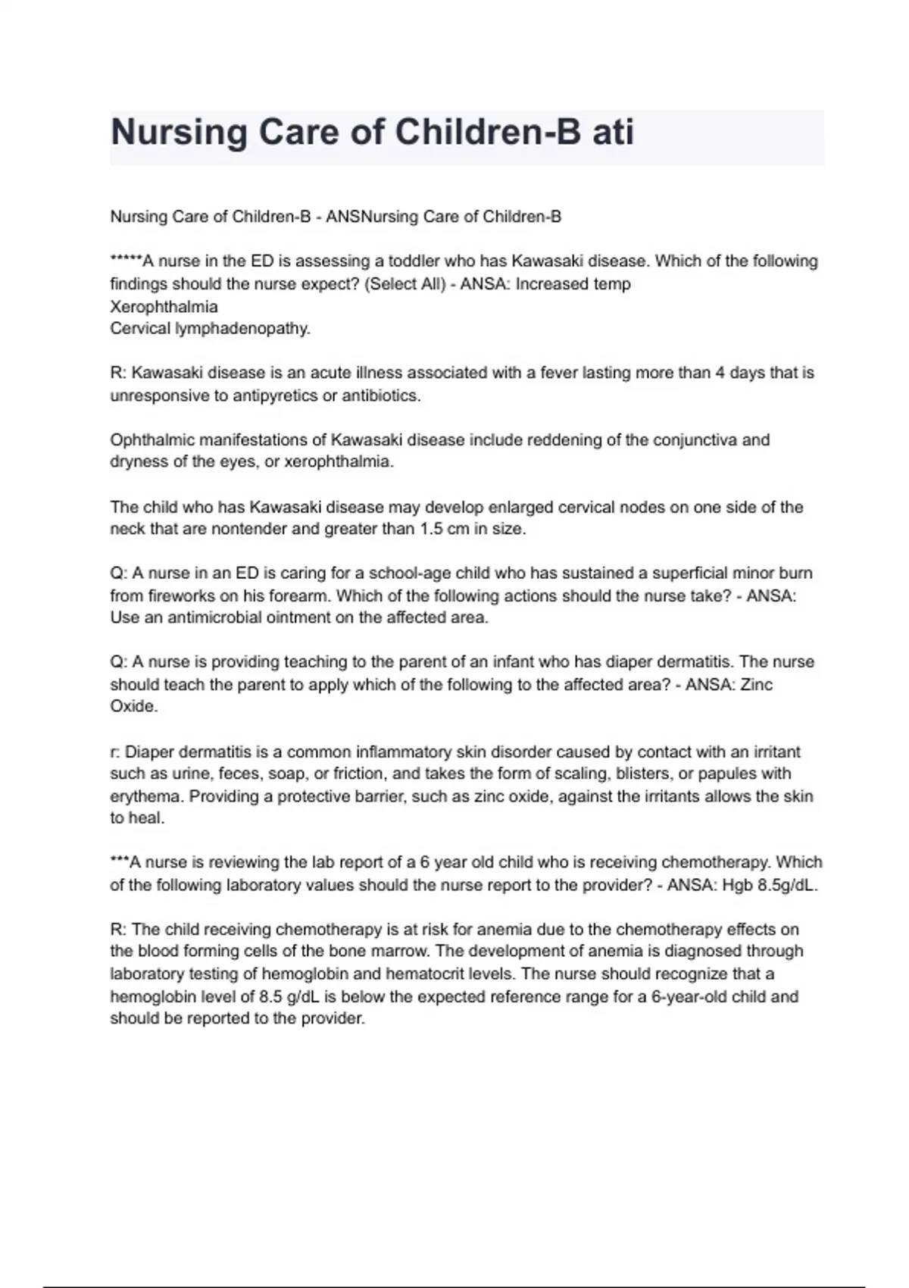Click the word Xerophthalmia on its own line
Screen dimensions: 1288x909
(x=164, y=307)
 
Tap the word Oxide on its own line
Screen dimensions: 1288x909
(x=133, y=706)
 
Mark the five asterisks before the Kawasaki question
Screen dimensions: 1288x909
(x=126, y=260)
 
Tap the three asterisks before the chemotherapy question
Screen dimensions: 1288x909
(x=120, y=861)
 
